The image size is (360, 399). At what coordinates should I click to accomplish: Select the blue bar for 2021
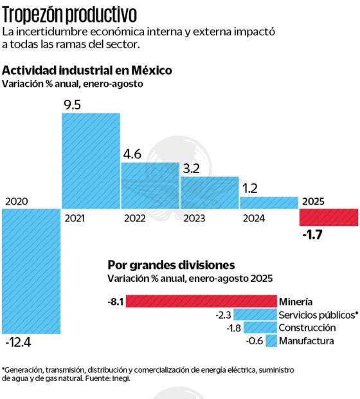tap(91, 161)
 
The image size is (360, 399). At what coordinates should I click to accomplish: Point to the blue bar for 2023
tap(209, 192)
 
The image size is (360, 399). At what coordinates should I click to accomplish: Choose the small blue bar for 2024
tap(269, 203)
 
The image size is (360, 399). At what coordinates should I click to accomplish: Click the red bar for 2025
tap(328, 218)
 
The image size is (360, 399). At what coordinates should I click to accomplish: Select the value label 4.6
tap(133, 154)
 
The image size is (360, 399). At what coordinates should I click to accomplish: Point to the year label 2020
tap(17, 201)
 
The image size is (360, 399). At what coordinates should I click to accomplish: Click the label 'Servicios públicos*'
tap(318, 315)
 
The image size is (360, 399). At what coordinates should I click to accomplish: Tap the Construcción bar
tap(262, 328)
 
